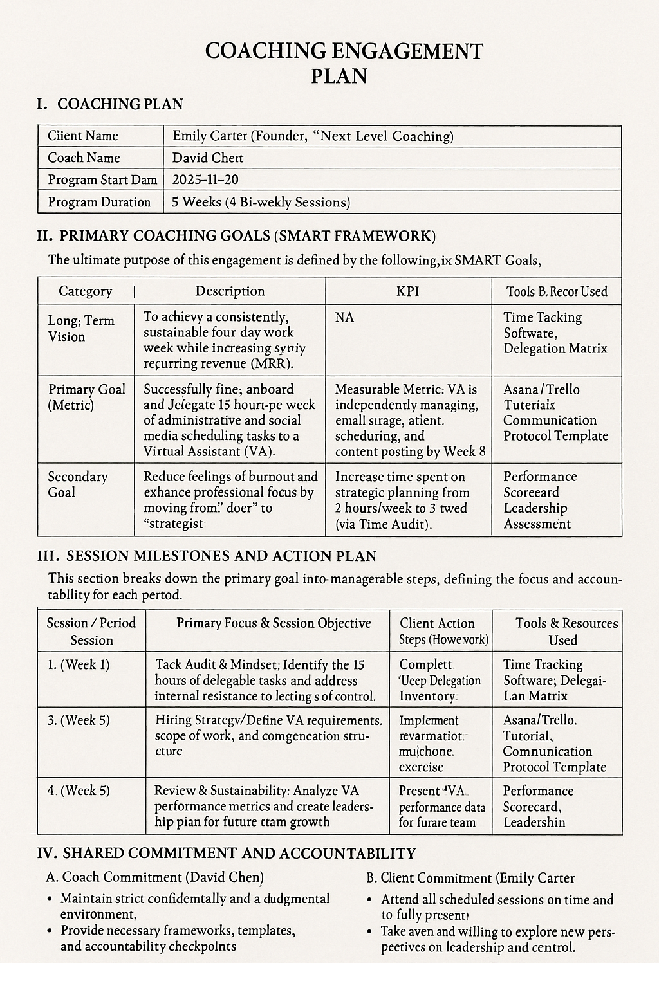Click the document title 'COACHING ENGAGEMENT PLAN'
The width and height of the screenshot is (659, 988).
(344, 62)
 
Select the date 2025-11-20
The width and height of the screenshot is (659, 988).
(205, 179)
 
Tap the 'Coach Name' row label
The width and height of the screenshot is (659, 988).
(84, 158)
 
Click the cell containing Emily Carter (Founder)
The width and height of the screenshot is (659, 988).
(313, 136)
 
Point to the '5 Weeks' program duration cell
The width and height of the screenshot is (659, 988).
(261, 202)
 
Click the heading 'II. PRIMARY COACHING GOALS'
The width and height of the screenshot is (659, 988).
(236, 235)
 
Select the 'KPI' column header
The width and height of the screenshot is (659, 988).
(408, 291)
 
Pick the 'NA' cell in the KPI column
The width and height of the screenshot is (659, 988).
(344, 317)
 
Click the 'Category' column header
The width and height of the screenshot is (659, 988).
(85, 291)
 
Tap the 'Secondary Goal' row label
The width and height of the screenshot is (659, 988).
(78, 484)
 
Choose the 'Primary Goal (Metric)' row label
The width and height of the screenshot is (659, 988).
(87, 397)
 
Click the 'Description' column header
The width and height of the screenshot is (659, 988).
(230, 291)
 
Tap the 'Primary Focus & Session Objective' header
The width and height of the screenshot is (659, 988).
(274, 623)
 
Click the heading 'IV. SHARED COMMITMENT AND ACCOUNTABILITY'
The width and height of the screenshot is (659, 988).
(227, 853)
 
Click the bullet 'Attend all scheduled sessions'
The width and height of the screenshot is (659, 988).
(497, 907)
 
